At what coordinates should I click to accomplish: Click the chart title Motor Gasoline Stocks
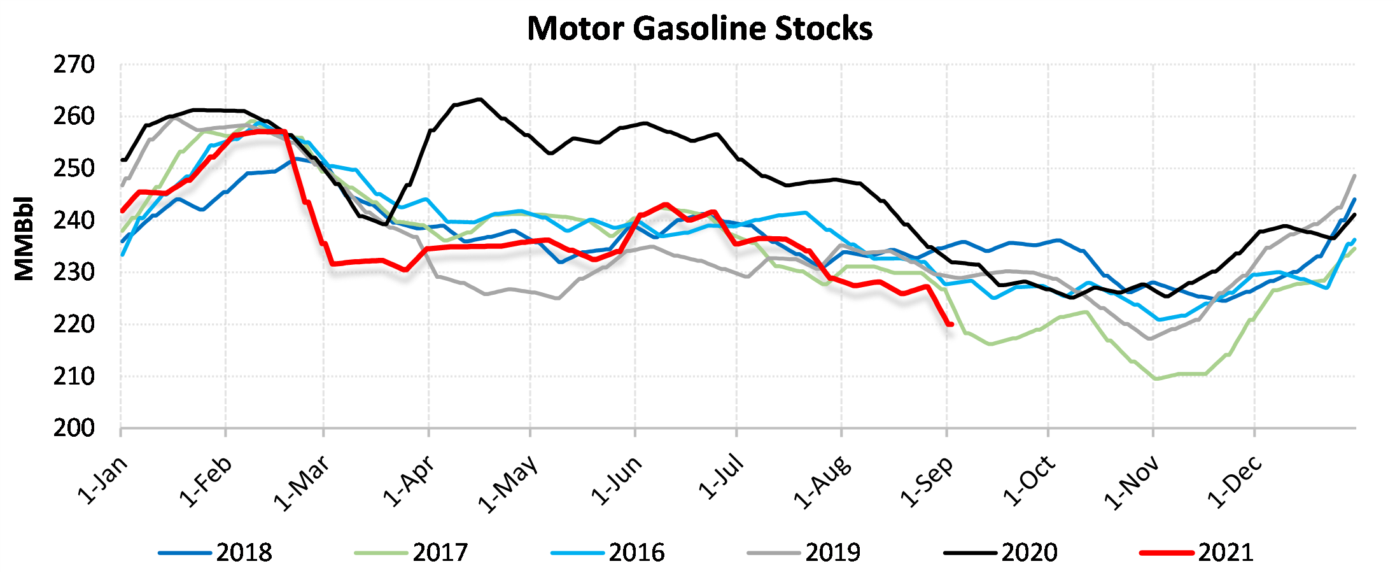click(699, 29)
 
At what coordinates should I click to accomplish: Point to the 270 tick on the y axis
click(74, 64)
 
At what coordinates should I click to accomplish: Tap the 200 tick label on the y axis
click(74, 428)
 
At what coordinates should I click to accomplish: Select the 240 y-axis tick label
click(74, 220)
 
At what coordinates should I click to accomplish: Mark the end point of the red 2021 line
click(951, 325)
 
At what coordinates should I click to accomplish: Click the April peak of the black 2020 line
click(479, 99)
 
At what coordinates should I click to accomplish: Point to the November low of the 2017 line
click(1156, 379)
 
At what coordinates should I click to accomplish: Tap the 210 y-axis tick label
click(74, 376)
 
